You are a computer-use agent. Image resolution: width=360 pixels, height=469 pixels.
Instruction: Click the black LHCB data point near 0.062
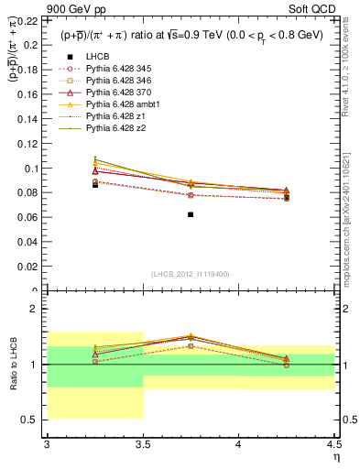191,214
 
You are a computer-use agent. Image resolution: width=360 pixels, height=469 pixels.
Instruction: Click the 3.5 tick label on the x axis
143,444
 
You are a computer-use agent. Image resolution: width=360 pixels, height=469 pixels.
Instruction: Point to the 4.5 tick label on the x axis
333,444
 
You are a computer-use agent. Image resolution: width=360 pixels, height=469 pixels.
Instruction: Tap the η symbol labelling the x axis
335,456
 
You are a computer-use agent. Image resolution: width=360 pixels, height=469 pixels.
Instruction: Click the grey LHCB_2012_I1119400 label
191,274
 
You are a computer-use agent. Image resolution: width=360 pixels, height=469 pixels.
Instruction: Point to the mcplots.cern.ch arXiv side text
351,220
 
